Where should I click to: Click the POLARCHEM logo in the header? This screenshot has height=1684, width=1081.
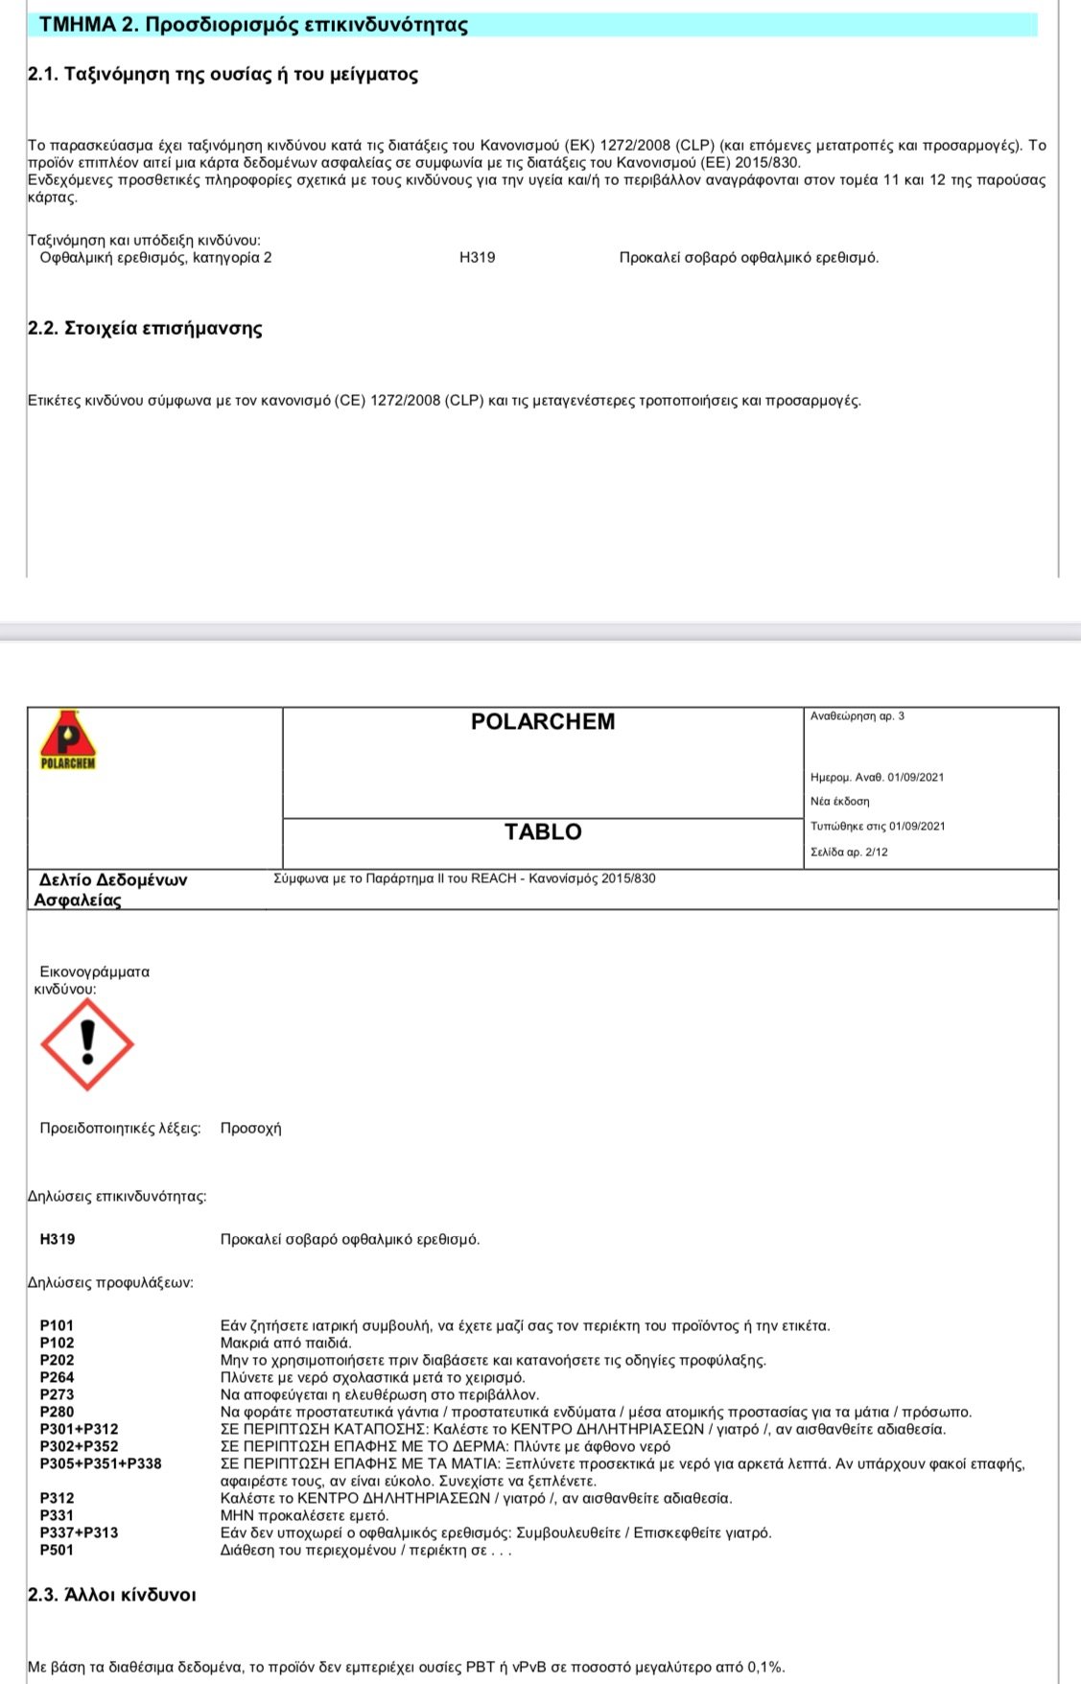click(x=67, y=741)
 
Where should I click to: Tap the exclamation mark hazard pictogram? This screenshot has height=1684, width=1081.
click(x=87, y=1044)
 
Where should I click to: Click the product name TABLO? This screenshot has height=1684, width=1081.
click(x=543, y=831)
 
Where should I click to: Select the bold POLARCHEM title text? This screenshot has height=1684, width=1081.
click(x=543, y=721)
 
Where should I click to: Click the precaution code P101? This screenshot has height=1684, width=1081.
click(x=57, y=1325)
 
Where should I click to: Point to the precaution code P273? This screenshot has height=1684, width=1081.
click(x=57, y=1394)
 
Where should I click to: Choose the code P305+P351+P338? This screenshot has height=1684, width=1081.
click(x=101, y=1463)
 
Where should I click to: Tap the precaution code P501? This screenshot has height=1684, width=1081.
click(x=57, y=1550)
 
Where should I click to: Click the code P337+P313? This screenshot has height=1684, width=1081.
click(x=79, y=1532)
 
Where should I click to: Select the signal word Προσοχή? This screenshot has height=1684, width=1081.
click(x=250, y=1128)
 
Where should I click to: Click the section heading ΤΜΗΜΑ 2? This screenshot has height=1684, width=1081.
click(x=253, y=25)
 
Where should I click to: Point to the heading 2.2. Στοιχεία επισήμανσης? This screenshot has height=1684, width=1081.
click(x=145, y=328)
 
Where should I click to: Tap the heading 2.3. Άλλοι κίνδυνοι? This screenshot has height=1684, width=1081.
click(x=112, y=1595)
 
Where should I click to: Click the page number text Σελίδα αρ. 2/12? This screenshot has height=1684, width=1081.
click(x=849, y=852)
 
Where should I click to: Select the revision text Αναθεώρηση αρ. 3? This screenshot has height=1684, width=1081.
click(x=857, y=716)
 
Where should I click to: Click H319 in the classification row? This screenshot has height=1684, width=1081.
click(x=478, y=257)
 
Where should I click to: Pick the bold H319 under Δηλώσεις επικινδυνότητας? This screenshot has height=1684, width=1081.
click(x=58, y=1239)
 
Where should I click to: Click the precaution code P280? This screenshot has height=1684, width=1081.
click(x=57, y=1412)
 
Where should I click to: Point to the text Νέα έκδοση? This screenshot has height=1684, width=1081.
click(x=839, y=801)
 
